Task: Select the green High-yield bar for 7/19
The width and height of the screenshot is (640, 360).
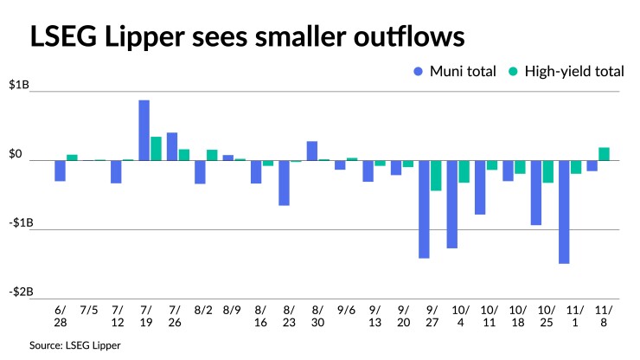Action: click(156, 148)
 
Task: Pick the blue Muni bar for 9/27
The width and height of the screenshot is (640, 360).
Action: click(424, 209)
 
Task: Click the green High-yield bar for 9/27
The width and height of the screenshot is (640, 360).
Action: click(436, 175)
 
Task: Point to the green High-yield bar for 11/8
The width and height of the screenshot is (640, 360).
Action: click(604, 154)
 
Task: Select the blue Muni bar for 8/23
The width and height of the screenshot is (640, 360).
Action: click(284, 183)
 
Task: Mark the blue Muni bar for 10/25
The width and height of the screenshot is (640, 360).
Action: click(536, 192)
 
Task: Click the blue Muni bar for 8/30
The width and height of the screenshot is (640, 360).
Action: click(312, 151)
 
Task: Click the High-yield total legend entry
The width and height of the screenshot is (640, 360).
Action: click(566, 71)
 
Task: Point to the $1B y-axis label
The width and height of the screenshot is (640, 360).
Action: click(19, 86)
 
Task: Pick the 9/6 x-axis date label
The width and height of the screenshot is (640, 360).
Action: click(346, 309)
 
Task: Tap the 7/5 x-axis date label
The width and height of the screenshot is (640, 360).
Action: click(88, 309)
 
